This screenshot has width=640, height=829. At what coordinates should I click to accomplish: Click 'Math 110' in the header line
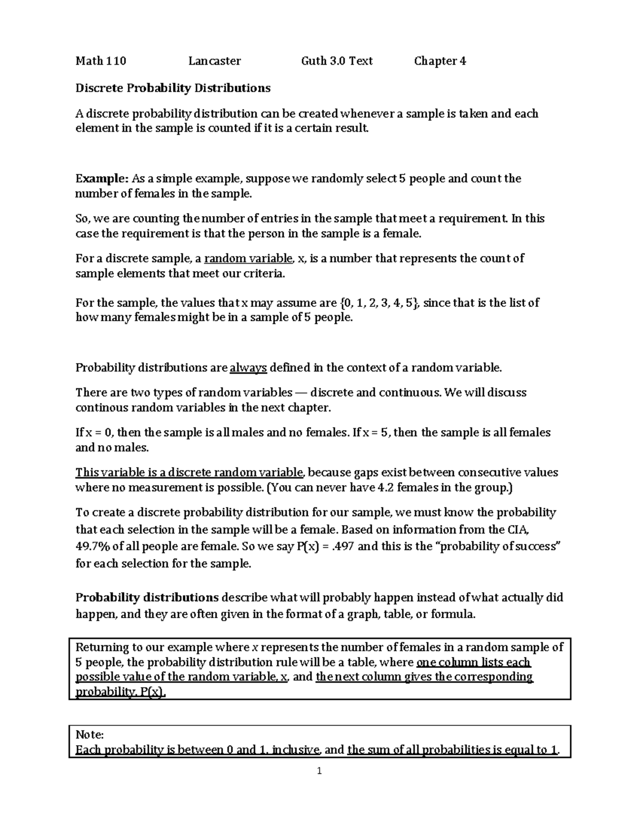pos(101,61)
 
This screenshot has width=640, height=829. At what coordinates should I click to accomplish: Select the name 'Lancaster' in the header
pos(214,61)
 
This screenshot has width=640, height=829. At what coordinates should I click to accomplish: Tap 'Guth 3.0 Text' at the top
pos(337,61)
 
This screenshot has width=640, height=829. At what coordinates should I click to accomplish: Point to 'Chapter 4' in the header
pos(440,61)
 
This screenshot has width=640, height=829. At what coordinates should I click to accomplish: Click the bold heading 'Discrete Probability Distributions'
pos(173,88)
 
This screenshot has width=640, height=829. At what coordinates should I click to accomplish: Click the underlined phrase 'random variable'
pos(249,259)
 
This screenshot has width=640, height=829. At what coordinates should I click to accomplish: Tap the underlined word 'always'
pos(248,368)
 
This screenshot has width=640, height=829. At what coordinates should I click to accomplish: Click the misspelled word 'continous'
pos(101,408)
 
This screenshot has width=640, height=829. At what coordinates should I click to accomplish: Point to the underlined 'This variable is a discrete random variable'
pos(189,472)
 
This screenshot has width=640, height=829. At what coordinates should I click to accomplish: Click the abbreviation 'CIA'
pos(518,530)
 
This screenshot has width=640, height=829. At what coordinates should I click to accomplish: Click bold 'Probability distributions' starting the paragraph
pos(147,597)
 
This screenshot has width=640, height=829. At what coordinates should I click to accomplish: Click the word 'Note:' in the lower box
pos(89,735)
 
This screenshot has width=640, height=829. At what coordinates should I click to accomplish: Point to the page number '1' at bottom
pos(319,771)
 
